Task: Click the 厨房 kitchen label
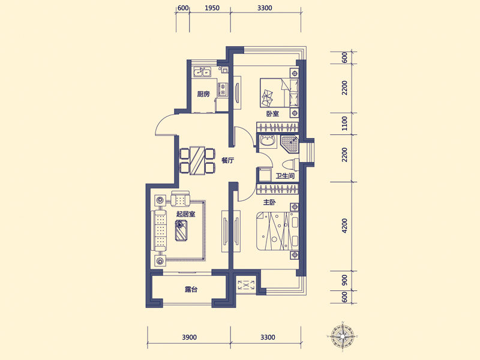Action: [203, 94]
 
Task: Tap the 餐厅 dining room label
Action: [228, 160]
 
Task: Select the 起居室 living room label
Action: [186, 214]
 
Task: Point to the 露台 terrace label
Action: [191, 289]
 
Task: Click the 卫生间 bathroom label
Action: [285, 176]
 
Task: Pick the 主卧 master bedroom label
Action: [269, 202]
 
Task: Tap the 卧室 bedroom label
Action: [272, 113]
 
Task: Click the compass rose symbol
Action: [342, 336]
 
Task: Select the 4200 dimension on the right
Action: [344, 226]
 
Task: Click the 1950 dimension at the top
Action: [212, 8]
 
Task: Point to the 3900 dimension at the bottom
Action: [189, 337]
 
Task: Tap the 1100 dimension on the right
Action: [344, 124]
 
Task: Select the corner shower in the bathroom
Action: [290, 145]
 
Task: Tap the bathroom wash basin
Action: [268, 142]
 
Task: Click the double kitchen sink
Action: [202, 72]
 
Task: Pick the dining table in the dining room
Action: [197, 161]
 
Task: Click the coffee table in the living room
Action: [182, 230]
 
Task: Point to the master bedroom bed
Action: [277, 231]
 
